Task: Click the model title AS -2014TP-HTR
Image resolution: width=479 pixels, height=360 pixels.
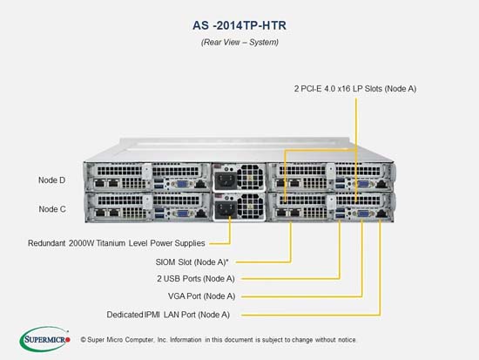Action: click(239, 25)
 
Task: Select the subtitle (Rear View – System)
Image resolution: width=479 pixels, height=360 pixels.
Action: click(239, 42)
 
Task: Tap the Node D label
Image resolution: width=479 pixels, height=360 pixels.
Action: click(52, 180)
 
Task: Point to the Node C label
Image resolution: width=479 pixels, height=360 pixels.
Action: click(52, 209)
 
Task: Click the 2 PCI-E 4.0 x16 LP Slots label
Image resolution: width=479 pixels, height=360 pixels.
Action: click(355, 89)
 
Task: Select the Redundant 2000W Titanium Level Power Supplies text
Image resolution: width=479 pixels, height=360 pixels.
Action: click(117, 243)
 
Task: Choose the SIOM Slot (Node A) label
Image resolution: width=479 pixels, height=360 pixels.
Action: click(192, 262)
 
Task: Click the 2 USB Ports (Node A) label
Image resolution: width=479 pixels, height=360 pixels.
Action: click(196, 279)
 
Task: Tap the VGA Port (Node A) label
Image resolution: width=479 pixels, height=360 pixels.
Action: click(202, 296)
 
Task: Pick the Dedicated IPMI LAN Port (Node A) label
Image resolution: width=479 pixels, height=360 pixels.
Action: click(168, 315)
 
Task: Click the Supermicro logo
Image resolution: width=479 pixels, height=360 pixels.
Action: click(45, 339)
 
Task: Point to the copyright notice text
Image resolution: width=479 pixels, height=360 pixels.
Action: click(218, 340)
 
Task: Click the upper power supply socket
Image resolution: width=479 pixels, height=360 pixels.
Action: click(226, 180)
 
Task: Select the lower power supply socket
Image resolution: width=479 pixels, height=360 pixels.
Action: click(226, 209)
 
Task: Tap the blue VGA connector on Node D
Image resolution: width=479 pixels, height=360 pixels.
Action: click(182, 184)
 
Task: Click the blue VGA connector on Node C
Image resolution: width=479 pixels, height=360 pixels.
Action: click(182, 213)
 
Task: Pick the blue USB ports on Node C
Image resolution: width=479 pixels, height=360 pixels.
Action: click(159, 213)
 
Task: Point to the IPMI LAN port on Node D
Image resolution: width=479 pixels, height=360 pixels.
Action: click(200, 184)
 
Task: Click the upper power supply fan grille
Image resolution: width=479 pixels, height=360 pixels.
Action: click(250, 176)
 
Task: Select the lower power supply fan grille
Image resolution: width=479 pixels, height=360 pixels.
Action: click(250, 206)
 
